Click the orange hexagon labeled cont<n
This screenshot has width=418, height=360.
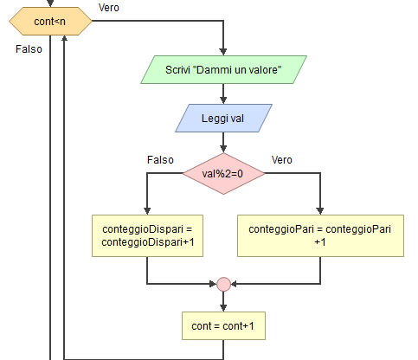click(50, 22)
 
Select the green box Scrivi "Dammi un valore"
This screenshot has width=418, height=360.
click(223, 70)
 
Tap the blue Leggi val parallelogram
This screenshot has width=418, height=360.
click(223, 119)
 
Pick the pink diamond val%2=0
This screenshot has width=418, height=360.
click(223, 174)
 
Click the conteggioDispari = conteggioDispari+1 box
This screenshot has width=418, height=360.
click(147, 235)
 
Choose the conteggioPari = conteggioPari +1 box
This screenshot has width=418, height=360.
click(320, 235)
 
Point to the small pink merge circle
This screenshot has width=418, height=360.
click(223, 284)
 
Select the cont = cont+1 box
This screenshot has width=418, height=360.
click(223, 325)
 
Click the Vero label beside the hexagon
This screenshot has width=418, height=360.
click(109, 8)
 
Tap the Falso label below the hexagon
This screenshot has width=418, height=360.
click(29, 49)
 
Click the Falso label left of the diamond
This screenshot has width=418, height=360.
click(160, 160)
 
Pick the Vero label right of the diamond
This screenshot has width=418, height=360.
click(282, 160)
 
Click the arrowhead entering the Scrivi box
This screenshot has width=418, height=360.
click(223, 52)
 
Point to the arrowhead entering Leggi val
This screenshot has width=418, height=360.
click(223, 100)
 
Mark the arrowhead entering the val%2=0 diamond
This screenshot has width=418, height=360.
click(223, 149)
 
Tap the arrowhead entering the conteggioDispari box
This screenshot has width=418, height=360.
click(147, 211)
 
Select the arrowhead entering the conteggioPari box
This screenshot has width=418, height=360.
click(320, 211)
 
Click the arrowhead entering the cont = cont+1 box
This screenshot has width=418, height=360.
click(223, 308)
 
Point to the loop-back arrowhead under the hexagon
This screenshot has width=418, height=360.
click(64, 39)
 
